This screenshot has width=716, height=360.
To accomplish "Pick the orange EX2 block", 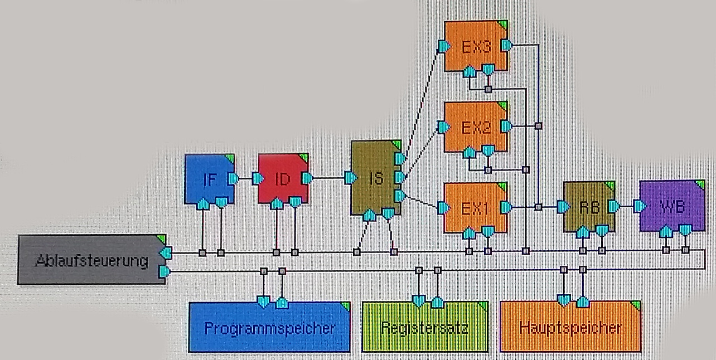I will [x=476, y=127].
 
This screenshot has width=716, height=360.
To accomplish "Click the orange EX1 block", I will [x=476, y=207].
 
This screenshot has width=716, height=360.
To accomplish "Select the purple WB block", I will [x=671, y=206].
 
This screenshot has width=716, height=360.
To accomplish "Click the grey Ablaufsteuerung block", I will [x=91, y=260].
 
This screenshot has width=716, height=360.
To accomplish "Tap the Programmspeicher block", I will [x=269, y=328].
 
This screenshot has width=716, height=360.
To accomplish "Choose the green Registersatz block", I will [x=425, y=328].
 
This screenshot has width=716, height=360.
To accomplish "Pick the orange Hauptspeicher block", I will [x=570, y=328].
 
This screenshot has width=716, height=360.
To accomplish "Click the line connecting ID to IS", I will [x=329, y=178].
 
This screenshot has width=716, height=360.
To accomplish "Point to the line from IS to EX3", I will [x=424, y=100].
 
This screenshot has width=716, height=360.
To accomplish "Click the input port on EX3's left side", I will [x=444, y=46].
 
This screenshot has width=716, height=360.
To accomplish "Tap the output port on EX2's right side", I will [x=506, y=127].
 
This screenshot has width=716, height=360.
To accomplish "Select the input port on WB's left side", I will [x=640, y=206].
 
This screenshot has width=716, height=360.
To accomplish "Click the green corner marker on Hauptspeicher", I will [x=636, y=305].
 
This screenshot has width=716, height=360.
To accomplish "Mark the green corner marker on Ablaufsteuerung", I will [x=161, y=239].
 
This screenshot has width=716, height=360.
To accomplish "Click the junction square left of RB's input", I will [x=538, y=207].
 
